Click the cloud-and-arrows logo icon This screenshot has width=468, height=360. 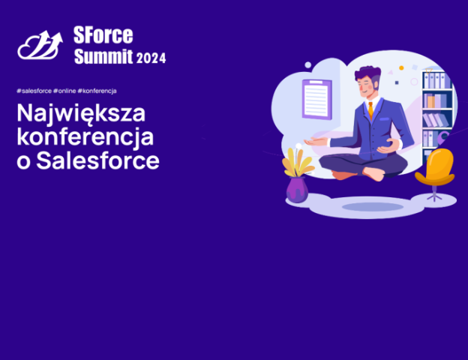coord(40,45)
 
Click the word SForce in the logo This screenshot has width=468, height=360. coord(103,35)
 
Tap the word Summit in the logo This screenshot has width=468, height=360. coord(103,56)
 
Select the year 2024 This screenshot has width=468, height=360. coord(151,58)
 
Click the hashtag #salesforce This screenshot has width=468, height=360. coord(34,91)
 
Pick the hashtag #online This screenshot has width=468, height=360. coord(64,91)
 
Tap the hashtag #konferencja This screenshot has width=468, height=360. coord(97,91)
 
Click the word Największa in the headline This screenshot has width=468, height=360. coord(81,114)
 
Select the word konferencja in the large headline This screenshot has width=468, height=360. coord(85,137)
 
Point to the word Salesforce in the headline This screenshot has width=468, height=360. coord(97,160)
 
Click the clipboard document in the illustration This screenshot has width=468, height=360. coord(317,99)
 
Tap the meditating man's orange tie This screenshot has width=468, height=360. coord(370,110)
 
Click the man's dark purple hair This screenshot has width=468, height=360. coord(368,73)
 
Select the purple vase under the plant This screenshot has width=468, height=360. coord(297,190)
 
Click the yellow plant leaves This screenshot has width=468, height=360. coord(298,162)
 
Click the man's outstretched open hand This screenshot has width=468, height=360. coord(316,141)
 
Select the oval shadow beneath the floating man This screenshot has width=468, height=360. coord(373,206)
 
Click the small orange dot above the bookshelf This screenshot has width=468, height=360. coord(401,68)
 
